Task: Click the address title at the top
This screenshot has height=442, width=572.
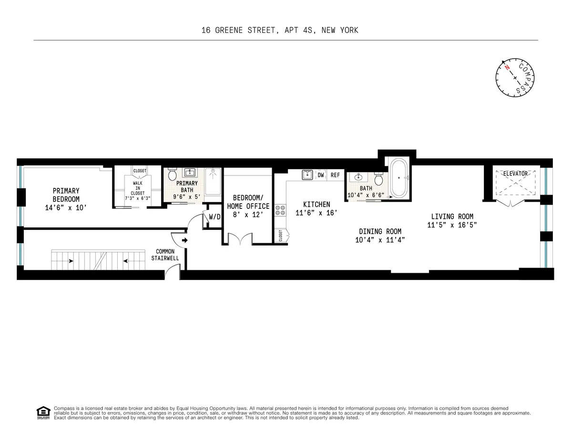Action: [x=279, y=31]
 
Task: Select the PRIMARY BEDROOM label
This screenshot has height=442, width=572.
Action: [x=66, y=195]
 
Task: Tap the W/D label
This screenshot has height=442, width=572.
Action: [x=214, y=217]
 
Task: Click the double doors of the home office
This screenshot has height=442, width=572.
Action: [x=239, y=238]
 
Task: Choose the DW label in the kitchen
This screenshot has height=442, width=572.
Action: [x=321, y=175]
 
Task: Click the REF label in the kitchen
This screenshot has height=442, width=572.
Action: [x=336, y=175]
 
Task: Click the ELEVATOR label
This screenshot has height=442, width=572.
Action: [x=515, y=174]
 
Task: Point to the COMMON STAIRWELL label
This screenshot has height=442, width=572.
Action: [x=165, y=255]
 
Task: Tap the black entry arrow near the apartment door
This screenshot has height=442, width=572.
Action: [x=184, y=241]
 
